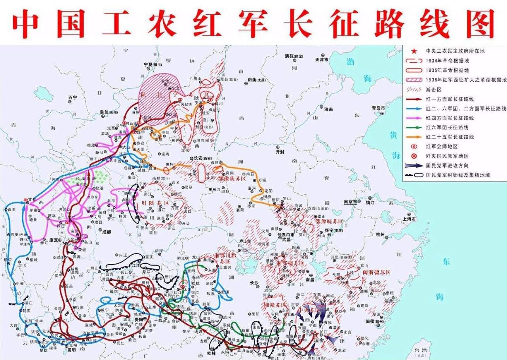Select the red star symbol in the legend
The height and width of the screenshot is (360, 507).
pyautogui.click(x=414, y=51)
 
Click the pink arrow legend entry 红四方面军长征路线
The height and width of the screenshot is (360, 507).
pyautogui.click(x=450, y=118)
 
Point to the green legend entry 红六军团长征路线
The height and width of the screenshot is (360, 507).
pyautogui.click(x=447, y=128)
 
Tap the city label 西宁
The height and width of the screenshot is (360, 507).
pyautogui.click(x=72, y=97)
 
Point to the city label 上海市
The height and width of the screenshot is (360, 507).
pyautogui.click(x=408, y=219)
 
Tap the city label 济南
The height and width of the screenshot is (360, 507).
pyautogui.click(x=328, y=109)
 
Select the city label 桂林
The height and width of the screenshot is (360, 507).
pyautogui.click(x=212, y=353)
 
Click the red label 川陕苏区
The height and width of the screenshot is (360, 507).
pyautogui.click(x=151, y=203)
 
